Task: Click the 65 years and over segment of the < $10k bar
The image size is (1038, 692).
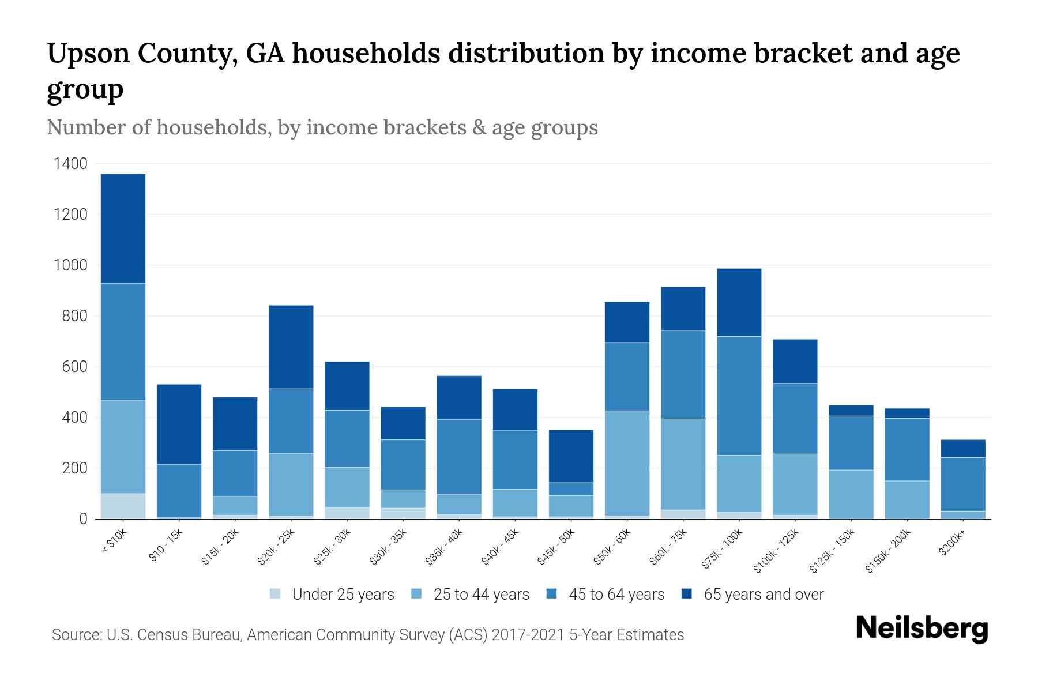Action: click(x=123, y=228)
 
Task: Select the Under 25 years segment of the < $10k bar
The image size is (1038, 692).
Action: click(x=123, y=506)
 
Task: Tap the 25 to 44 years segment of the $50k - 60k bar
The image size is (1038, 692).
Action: click(x=627, y=462)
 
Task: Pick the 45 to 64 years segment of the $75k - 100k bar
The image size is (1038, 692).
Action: click(x=739, y=396)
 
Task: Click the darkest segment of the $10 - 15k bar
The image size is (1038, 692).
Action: click(x=179, y=424)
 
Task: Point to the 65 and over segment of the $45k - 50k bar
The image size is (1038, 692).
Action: click(x=571, y=456)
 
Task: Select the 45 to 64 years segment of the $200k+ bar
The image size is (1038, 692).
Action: click(x=962, y=484)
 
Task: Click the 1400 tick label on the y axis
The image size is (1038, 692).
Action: click(x=70, y=164)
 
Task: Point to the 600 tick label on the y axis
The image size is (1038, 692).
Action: click(x=74, y=367)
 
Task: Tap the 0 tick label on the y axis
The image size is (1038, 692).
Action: click(x=83, y=519)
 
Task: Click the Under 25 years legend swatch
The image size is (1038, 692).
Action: click(x=276, y=593)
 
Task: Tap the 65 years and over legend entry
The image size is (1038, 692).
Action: click(x=763, y=594)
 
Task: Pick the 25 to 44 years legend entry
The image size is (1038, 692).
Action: click(x=481, y=594)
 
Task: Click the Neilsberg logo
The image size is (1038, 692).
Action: click(x=922, y=629)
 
